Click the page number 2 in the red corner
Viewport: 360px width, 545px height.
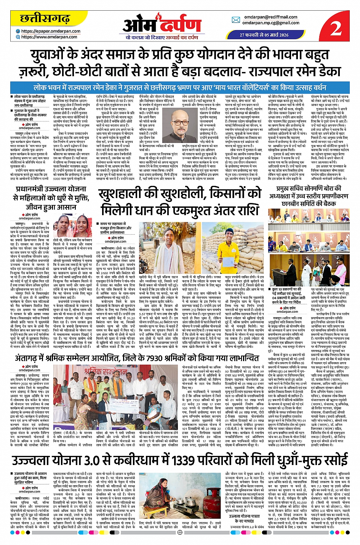[x=336, y=29]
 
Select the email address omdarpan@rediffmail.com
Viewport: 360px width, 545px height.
[x=270, y=17]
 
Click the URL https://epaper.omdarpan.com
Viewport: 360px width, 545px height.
[x=51, y=31]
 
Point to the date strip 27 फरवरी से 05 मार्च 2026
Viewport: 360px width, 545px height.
[x=264, y=35]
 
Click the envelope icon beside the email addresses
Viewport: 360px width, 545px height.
[x=236, y=20]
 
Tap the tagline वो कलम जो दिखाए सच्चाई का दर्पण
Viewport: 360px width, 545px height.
[x=162, y=37]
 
